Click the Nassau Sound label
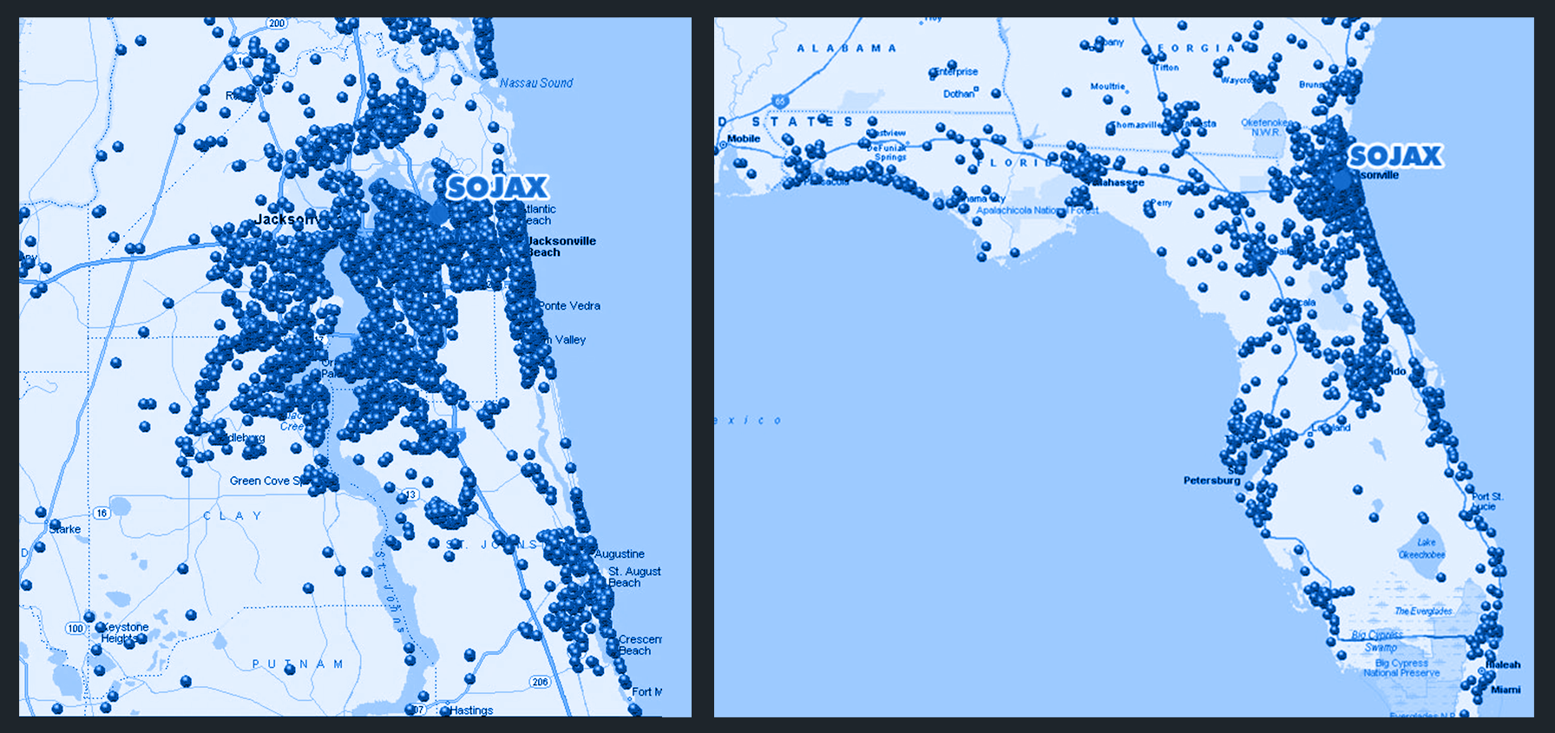(536, 83)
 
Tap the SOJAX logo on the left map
(498, 187)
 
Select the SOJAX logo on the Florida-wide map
(1395, 156)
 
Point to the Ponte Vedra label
(569, 306)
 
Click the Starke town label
(65, 529)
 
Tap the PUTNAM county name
(298, 664)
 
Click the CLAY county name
(233, 516)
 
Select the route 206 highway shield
(540, 682)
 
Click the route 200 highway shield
(277, 23)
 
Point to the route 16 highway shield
(102, 514)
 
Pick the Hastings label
(471, 710)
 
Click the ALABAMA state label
(846, 49)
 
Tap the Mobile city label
(744, 139)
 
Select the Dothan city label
(959, 94)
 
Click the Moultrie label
(1107, 87)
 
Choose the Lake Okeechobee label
(1421, 548)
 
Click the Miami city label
(1506, 690)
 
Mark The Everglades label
(1423, 612)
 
